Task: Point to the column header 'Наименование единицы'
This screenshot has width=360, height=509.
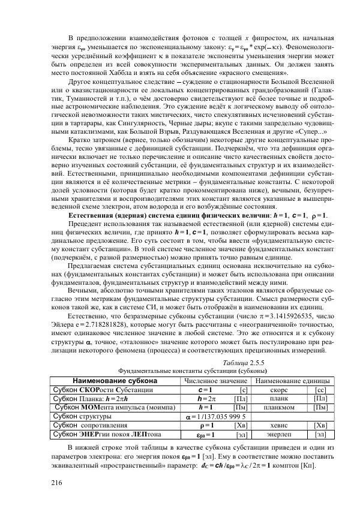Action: pos(292,381)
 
